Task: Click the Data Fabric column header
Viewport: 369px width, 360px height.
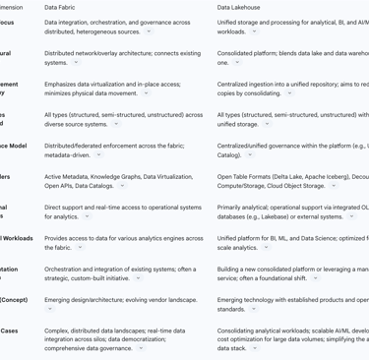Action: pos(66,7)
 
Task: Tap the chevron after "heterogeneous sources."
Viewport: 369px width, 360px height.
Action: pos(149,31)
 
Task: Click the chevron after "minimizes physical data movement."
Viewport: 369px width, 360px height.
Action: pos(146,93)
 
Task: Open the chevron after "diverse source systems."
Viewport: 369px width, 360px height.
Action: pos(116,125)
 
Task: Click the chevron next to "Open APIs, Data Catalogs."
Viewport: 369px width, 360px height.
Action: pos(122,186)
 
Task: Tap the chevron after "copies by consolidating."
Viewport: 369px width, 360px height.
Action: pos(289,93)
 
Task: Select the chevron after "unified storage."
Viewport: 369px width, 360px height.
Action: pos(267,125)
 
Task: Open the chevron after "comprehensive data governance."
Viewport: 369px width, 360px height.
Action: pos(141,348)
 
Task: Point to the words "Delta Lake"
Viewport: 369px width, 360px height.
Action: pos(280,176)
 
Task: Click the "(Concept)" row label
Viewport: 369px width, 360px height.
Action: pos(14,299)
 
